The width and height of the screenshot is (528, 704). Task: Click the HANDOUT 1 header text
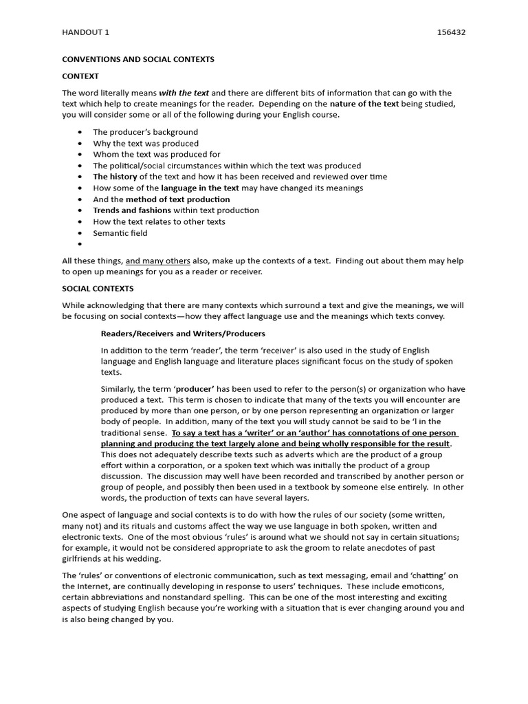coord(85,32)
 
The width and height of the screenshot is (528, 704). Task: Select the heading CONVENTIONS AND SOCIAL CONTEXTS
coord(138,59)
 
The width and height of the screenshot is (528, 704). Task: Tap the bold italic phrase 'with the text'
coord(184,93)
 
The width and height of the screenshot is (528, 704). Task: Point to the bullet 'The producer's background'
coord(145,132)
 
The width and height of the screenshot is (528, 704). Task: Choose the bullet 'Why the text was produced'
coord(146,143)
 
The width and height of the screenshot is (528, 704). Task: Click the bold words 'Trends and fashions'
coord(132,210)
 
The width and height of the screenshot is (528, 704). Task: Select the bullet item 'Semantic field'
coord(120,232)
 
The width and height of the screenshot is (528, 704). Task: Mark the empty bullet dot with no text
coord(80,244)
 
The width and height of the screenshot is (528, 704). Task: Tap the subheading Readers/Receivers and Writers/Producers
coord(183,333)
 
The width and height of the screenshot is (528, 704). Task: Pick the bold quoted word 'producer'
coord(195,388)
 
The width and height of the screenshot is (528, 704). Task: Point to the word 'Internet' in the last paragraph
coord(93,586)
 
